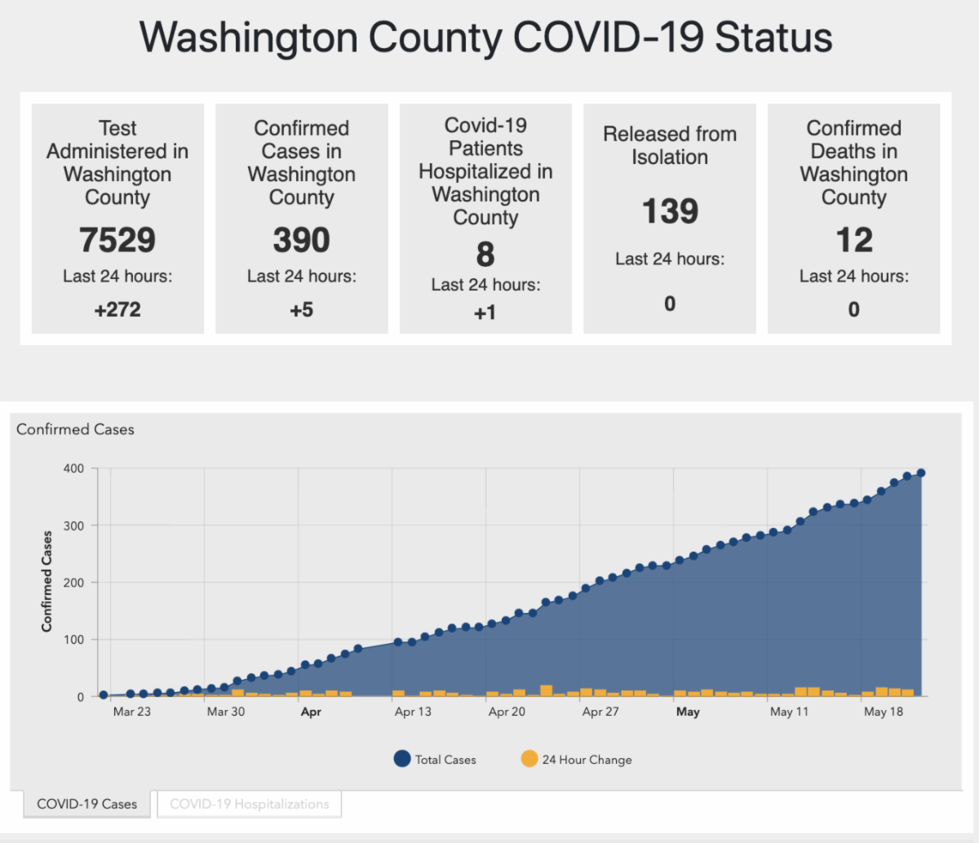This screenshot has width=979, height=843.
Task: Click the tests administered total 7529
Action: (x=117, y=240)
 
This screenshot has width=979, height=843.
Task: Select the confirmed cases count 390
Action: (x=301, y=240)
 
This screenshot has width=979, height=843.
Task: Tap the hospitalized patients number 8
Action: (x=485, y=255)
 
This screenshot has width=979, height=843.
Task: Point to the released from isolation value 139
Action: (x=670, y=211)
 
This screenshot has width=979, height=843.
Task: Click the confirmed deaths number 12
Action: (x=853, y=240)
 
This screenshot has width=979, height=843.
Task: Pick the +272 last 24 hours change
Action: (x=117, y=310)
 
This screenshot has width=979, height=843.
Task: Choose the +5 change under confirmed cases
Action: (x=301, y=310)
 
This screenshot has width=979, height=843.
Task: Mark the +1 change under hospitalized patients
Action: (x=485, y=313)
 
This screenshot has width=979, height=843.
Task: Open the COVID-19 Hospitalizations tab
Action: (x=249, y=804)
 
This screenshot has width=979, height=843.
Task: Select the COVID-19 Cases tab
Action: (x=87, y=804)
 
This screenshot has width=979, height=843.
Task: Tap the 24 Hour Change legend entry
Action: (x=576, y=760)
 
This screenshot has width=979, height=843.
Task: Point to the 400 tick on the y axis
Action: (x=73, y=468)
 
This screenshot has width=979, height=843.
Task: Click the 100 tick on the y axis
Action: (x=73, y=640)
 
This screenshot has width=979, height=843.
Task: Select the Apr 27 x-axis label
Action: (x=600, y=712)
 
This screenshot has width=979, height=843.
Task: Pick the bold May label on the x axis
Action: (x=688, y=712)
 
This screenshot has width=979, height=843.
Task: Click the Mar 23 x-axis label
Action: (x=131, y=712)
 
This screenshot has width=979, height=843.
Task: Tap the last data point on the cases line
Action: (x=921, y=473)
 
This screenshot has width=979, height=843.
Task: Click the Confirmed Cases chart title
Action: (x=75, y=429)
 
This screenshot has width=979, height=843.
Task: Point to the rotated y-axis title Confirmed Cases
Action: (x=47, y=581)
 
